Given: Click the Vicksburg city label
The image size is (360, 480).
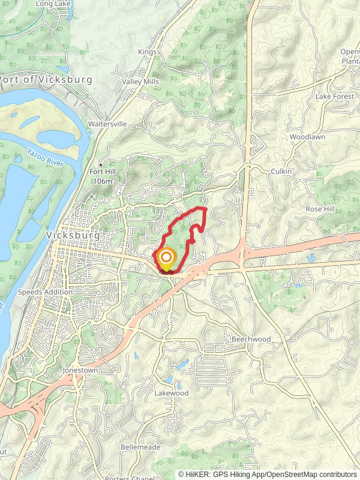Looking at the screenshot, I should coord(73,236).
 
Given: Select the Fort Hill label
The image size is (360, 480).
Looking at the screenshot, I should coord(102,172).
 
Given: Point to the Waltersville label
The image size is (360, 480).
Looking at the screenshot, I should coord(107,124).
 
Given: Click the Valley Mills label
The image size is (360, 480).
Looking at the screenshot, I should coord(140,82).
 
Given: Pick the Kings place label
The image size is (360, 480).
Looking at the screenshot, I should coord(147,52).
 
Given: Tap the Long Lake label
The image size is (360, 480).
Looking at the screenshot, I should coord(53,4).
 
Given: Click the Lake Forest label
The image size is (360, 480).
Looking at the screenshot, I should coord(335,96).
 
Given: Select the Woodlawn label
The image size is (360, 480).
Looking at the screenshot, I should coord(307,137).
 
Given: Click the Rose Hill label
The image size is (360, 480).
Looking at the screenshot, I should coord(321,209).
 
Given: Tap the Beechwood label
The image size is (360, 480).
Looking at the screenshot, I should coord(251,339).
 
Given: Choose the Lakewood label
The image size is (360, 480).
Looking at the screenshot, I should coord(172,393).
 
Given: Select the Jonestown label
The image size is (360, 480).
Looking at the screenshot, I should coord(80,371).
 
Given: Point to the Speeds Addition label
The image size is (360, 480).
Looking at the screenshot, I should coord(45,292).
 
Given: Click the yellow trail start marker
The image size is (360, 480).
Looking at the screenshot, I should coord(165,259).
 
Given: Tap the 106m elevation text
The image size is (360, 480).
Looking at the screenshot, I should coord(103,181).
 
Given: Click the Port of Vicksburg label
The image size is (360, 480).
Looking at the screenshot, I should coord(47,80).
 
